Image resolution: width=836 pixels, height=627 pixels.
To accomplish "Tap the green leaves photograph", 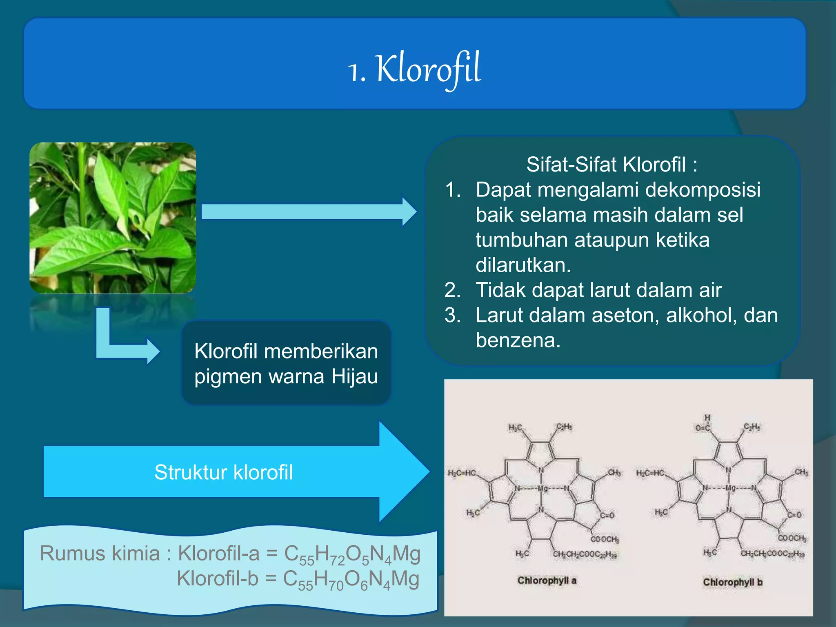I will pos(113,218).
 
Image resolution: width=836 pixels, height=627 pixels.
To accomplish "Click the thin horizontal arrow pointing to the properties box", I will pos(308,212).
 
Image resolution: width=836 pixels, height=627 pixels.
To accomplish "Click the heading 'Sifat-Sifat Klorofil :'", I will pos(611,165).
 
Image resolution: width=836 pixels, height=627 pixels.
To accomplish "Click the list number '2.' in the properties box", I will pos(453,290).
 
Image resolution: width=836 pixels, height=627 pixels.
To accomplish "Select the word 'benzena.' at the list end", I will pos(518,340).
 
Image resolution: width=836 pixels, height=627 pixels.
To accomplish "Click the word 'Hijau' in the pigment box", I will pos(354,376).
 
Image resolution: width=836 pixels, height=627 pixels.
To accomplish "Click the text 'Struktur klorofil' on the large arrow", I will pos(223,472).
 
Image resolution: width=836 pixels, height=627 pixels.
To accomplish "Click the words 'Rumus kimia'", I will pos(100,554).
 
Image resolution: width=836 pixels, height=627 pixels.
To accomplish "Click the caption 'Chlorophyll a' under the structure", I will pos(547,580).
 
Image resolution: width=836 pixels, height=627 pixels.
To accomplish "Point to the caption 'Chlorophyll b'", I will pos(732,582).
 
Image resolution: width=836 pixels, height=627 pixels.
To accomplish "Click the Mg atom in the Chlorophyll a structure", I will pos(542,489).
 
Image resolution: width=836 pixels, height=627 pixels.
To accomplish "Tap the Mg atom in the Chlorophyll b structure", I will pos(730,488).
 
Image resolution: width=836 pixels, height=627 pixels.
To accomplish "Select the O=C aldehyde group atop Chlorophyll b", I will pos(703,427).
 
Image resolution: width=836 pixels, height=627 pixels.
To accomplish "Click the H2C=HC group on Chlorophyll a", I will pos(462,473).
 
